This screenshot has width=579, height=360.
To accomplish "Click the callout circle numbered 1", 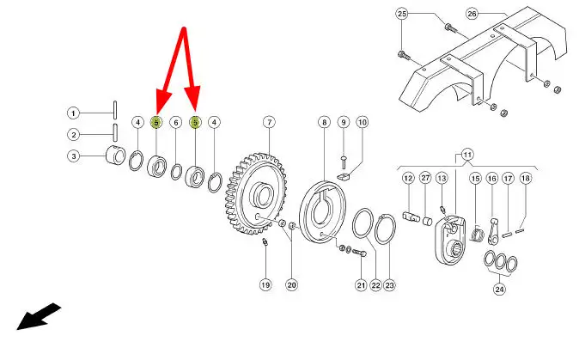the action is [74, 113].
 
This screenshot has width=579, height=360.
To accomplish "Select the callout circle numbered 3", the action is [74, 156].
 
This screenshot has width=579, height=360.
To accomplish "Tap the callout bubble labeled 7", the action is [269, 122].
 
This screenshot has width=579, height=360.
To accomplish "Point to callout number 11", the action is [467, 155].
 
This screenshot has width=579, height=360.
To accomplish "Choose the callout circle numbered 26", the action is [472, 14].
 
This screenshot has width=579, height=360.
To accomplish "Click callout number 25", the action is [402, 14].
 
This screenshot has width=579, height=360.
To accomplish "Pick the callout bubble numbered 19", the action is [265, 285].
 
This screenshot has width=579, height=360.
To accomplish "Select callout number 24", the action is [499, 289].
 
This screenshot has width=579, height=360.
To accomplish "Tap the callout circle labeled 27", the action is [426, 178].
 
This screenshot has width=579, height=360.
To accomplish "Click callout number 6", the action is [176, 122].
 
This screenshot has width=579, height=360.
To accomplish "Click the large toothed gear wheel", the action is [256, 194].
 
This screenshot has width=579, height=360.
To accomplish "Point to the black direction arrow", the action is [39, 316].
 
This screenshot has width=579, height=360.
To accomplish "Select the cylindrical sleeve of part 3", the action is [115, 156].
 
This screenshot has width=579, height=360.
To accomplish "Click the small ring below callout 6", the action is [176, 172].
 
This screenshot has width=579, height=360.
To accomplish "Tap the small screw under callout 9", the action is [344, 162].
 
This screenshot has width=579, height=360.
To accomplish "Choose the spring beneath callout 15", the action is [478, 235].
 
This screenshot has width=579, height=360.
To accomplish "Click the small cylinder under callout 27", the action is [427, 221].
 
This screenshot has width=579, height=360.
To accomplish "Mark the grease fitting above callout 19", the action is [265, 242].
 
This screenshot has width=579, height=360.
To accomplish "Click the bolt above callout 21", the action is [360, 253].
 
